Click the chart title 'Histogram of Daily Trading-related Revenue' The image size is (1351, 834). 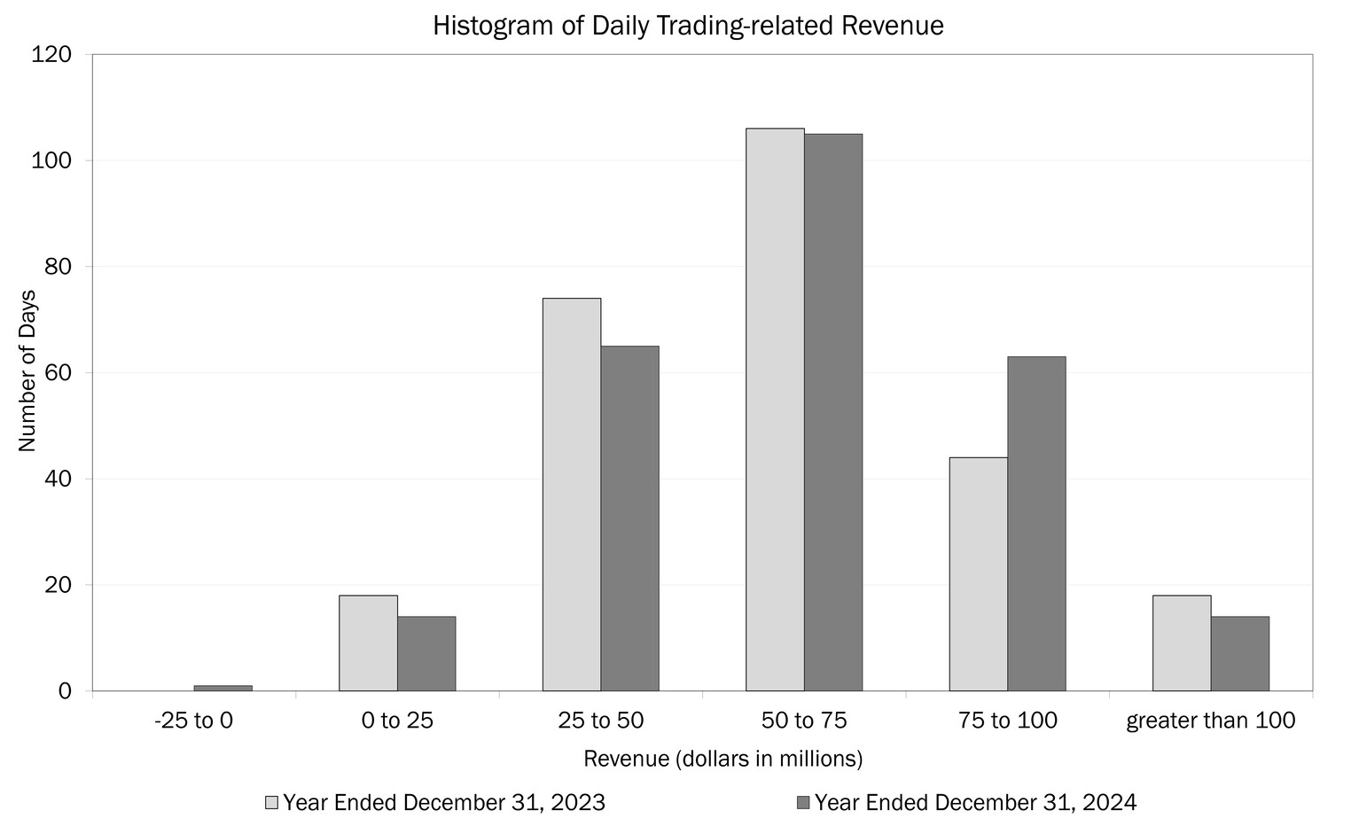click(x=688, y=26)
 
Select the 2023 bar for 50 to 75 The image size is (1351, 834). click(x=775, y=409)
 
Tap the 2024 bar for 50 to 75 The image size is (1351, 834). click(x=833, y=412)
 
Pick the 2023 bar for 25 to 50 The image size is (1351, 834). click(x=572, y=495)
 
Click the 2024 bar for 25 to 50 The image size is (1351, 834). click(x=630, y=518)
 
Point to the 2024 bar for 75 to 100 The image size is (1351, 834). click(x=1036, y=524)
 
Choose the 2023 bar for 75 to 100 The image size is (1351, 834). click(x=978, y=574)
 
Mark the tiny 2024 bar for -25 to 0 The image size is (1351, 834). click(x=223, y=688)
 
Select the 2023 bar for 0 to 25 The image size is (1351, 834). click(x=368, y=643)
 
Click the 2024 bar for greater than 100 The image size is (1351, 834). click(x=1239, y=654)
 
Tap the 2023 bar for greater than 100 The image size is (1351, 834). click(x=1182, y=643)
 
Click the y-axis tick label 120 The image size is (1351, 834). click(x=51, y=55)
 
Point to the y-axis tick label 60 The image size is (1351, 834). click(x=58, y=373)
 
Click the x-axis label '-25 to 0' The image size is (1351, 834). click(x=193, y=721)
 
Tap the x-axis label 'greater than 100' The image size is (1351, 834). click(x=1210, y=721)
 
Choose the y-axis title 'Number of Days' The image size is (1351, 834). click(x=27, y=370)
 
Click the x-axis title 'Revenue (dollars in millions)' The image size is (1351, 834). click(x=723, y=760)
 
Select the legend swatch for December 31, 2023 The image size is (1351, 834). click(x=272, y=803)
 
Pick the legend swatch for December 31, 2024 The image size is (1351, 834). click(x=803, y=803)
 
